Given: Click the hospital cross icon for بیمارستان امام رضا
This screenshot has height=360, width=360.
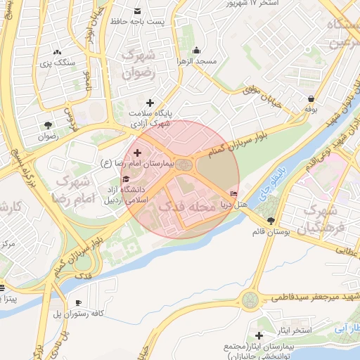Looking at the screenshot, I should point(136,153).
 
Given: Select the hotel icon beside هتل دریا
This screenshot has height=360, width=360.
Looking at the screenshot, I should point(234,194).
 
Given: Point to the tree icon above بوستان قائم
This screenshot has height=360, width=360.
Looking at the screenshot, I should point(271,221).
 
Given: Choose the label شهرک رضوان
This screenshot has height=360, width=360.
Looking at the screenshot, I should point(138,63).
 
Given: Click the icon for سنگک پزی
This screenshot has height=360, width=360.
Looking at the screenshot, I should point(57,52).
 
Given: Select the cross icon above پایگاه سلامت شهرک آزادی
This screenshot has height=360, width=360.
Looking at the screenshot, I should point(149,103).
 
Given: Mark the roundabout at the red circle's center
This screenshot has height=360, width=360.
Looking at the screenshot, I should point(184,165).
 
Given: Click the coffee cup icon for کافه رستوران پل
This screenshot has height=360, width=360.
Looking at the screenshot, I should point(78,302).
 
